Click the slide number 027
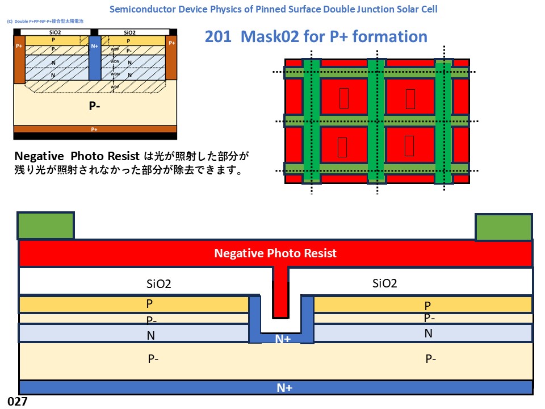18,401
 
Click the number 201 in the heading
219,37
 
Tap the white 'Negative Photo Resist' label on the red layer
275,253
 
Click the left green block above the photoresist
46,226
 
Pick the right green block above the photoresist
504,227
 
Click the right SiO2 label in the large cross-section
384,283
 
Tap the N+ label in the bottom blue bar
284,388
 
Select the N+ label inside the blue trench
283,339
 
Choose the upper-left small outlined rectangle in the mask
343,98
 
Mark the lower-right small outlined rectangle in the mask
409,146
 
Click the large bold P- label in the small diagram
95,106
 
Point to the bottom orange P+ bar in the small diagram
95,129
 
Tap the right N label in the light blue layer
429,333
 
